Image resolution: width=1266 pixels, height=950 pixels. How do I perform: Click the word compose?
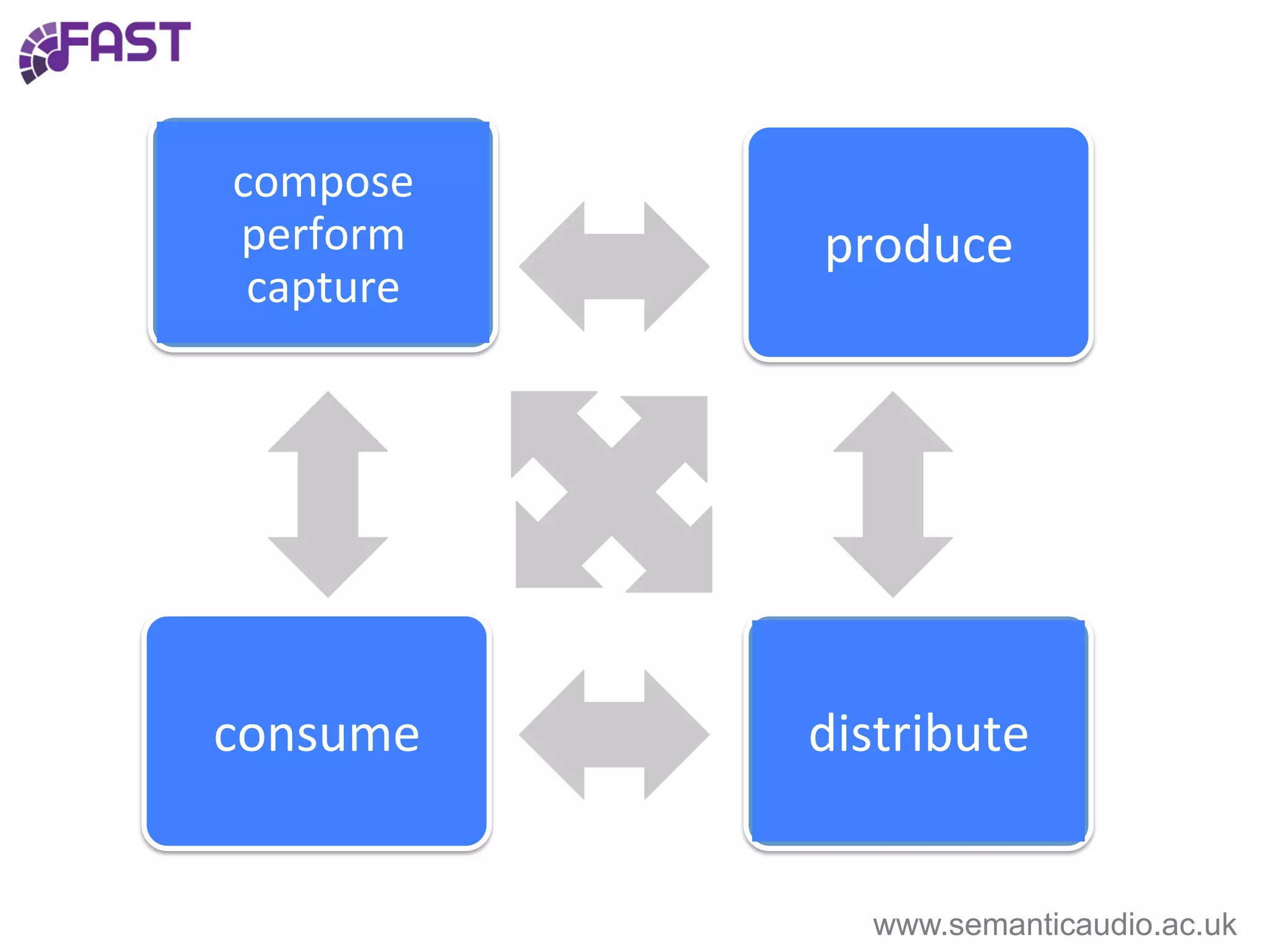pos(323,184)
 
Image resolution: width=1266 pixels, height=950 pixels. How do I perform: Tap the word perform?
pos(323,236)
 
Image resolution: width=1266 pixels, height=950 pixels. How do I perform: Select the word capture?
pos(323,288)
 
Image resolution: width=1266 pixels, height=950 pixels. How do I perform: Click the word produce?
pos(919,246)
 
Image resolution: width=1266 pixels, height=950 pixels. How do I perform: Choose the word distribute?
pos(919,734)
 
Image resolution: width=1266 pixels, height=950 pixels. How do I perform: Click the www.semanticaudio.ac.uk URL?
pos(1054,925)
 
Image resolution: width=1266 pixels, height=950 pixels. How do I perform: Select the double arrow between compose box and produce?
pos(614,267)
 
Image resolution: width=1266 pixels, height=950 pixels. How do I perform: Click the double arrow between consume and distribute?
pos(614,735)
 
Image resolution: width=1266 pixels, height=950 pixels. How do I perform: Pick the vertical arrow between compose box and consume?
pos(328,494)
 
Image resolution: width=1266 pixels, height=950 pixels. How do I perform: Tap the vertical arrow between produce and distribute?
pos(893,494)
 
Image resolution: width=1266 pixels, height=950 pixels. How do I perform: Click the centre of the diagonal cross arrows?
pos(611,492)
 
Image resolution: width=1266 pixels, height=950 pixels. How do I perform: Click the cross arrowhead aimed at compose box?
pos(541,421)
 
